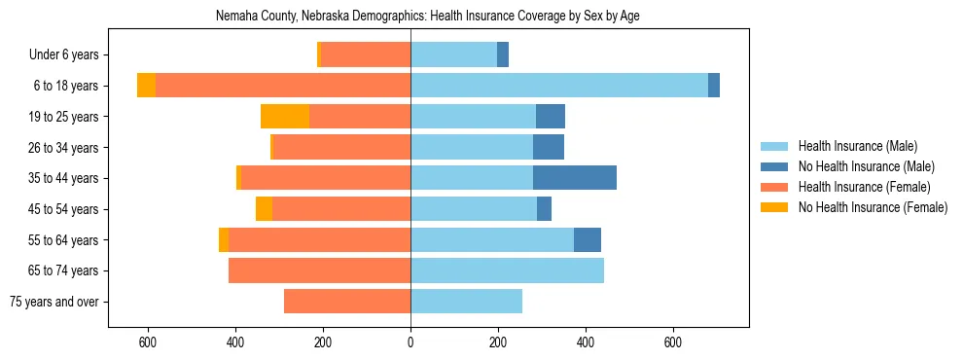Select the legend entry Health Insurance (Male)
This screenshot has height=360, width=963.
857,146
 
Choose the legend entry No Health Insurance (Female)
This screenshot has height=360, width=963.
873,207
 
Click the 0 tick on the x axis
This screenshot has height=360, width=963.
410,342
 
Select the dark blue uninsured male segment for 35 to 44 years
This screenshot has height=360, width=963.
574,178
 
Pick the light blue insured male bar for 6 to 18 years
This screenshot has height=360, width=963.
559,86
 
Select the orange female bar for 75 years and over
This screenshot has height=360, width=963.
347,302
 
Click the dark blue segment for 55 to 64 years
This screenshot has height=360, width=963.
588,239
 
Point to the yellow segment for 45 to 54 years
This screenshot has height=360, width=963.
264,209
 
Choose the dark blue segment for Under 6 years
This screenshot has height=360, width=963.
503,54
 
